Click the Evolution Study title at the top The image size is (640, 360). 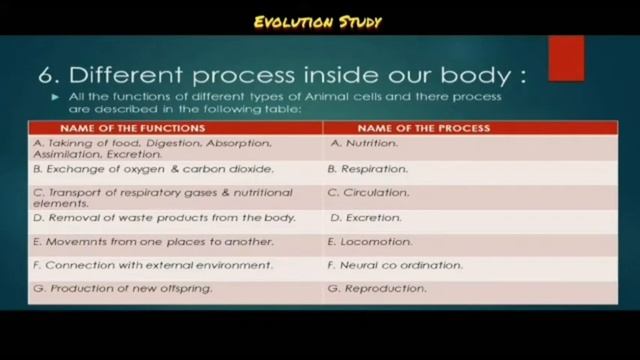point(317,22)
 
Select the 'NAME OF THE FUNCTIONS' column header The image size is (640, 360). point(133,129)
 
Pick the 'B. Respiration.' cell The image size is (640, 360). point(370,169)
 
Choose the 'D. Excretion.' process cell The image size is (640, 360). point(366,217)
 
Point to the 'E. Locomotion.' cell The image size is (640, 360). point(370,241)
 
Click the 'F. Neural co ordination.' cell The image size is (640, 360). point(395,265)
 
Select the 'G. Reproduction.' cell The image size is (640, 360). point(377,289)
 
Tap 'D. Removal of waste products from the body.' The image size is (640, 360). point(164,217)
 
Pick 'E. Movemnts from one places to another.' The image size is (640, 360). point(153,241)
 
